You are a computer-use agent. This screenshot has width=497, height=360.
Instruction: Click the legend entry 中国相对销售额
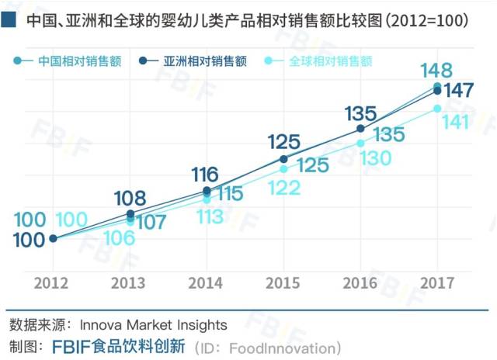(x=78, y=61)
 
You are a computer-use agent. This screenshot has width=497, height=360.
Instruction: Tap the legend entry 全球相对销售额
(x=330, y=61)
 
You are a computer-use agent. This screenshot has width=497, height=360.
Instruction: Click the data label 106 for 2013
(x=119, y=238)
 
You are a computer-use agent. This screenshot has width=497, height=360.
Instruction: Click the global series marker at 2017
(x=437, y=109)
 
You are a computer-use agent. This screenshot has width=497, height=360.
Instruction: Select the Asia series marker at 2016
(x=360, y=128)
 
